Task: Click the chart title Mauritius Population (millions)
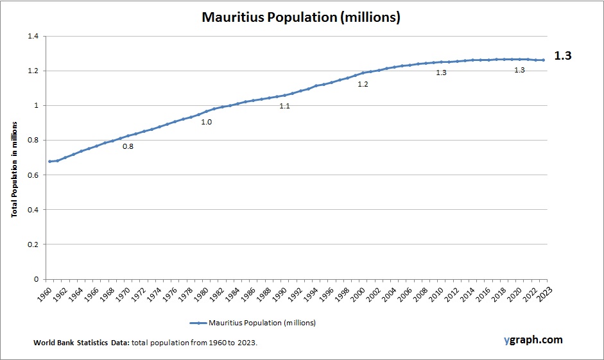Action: tap(301, 17)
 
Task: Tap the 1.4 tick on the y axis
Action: tap(33, 37)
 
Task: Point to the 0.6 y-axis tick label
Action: tap(33, 175)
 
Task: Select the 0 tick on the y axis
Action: tap(36, 279)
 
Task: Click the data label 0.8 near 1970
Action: tap(128, 146)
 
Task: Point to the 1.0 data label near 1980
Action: tap(207, 121)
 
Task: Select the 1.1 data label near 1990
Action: tap(284, 106)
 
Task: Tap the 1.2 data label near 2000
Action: tap(363, 84)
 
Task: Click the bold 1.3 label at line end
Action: tap(563, 56)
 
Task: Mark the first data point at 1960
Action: tap(49, 161)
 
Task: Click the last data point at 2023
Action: tap(543, 60)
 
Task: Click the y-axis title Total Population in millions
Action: tap(14, 171)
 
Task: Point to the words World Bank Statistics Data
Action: tap(82, 343)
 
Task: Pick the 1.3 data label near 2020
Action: tap(519, 69)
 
